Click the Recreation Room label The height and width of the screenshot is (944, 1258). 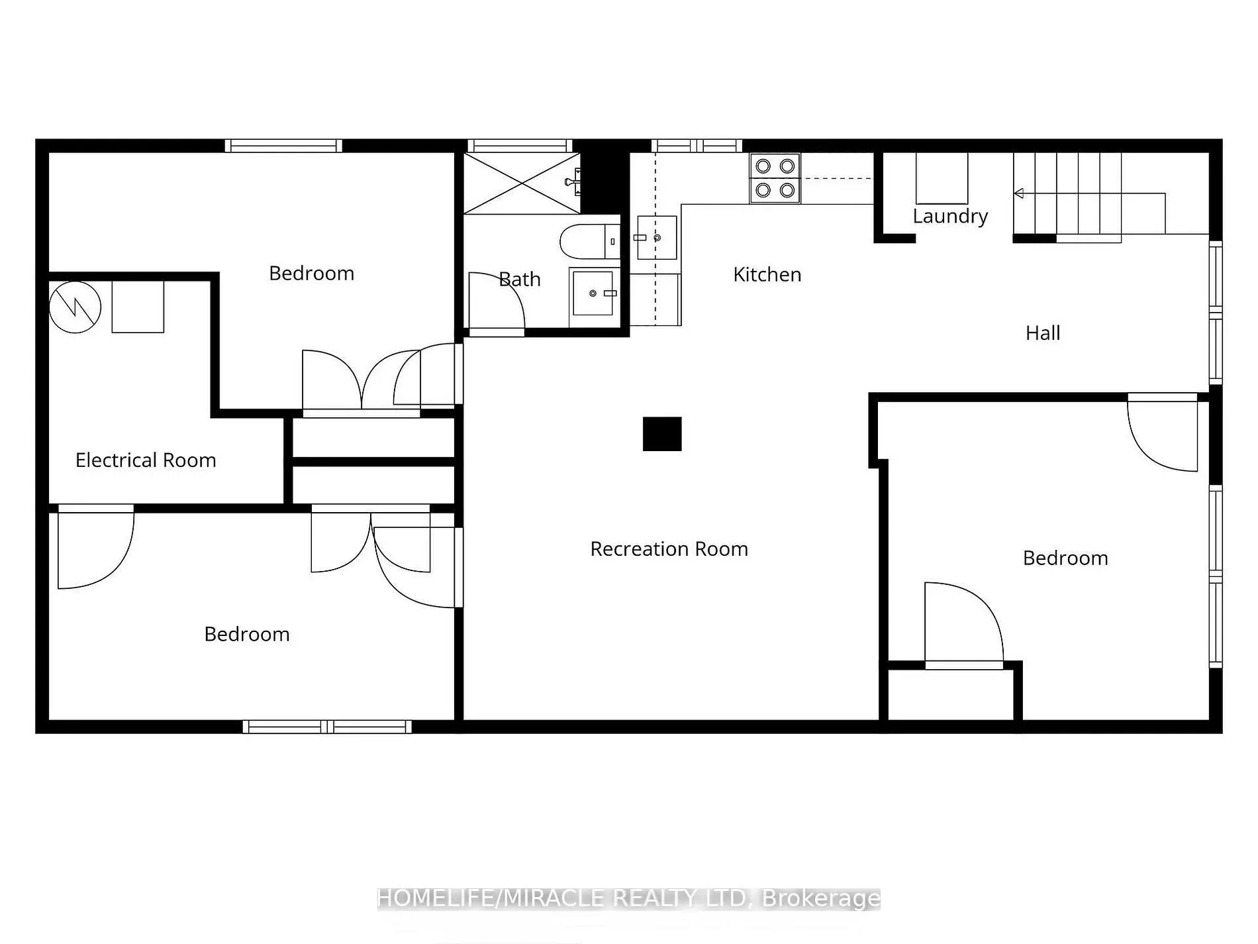click(669, 549)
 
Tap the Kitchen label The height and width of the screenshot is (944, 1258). click(767, 274)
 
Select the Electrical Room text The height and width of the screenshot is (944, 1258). click(146, 460)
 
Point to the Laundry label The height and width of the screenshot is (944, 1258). click(950, 217)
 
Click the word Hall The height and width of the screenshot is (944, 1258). click(1043, 333)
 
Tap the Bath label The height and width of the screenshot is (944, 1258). click(520, 280)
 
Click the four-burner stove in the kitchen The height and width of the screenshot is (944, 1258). click(775, 178)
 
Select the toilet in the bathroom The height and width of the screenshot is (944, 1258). click(589, 242)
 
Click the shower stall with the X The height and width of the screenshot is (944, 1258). click(522, 183)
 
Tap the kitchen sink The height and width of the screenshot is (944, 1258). click(657, 237)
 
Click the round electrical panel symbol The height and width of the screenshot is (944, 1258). click(75, 307)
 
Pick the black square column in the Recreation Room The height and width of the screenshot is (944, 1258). click(662, 434)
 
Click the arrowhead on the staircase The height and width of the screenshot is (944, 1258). click(1019, 193)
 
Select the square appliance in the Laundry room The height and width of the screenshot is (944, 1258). click(942, 178)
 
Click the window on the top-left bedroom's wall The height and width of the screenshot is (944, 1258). click(283, 146)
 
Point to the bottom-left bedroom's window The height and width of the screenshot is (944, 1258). click(327, 727)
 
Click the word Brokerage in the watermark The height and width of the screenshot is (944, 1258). click(821, 898)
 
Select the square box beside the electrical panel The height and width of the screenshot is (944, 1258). click(138, 307)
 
